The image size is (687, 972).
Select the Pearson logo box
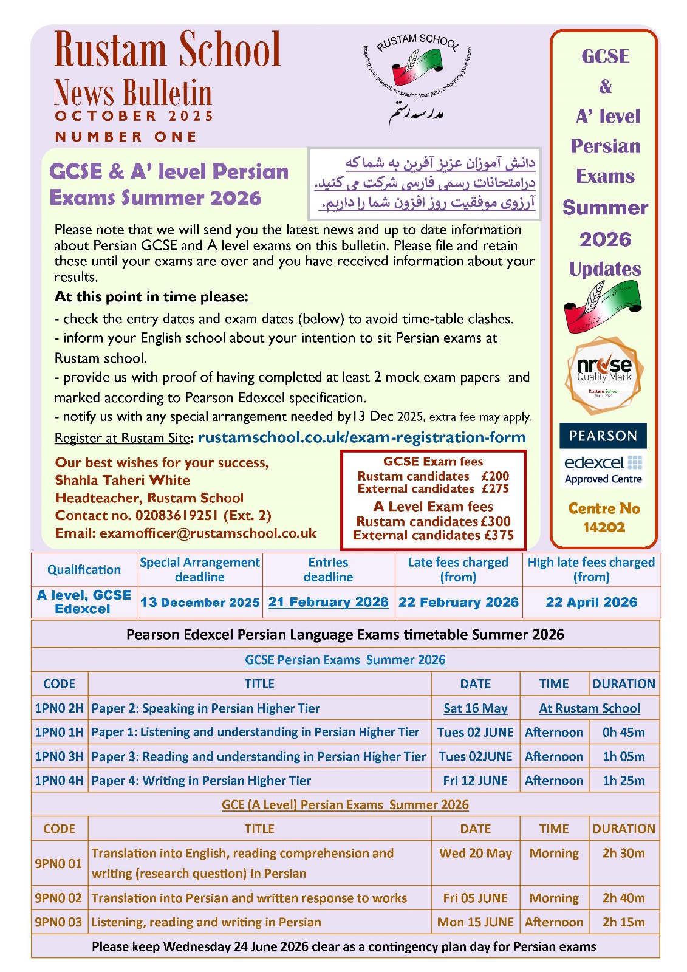[x=603, y=436]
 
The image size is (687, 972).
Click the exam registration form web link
[x=361, y=437]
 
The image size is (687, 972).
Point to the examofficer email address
[x=208, y=533]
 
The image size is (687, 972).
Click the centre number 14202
[x=604, y=527]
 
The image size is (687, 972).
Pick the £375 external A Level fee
[x=499, y=535]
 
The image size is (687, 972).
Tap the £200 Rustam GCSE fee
[x=495, y=476]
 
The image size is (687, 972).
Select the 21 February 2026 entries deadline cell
[x=328, y=602]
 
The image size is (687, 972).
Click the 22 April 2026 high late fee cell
[x=591, y=602]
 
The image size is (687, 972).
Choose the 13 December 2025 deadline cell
[x=200, y=603]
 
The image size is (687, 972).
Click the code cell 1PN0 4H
[x=59, y=781]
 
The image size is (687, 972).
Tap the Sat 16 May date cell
[x=475, y=708]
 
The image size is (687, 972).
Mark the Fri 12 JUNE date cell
[x=475, y=781]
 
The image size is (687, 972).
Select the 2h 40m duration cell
[x=623, y=898]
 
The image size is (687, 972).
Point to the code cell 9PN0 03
[x=58, y=922]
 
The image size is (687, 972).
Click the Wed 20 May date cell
[x=475, y=853]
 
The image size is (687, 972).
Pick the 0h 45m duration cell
[x=623, y=733]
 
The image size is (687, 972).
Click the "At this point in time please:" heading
[x=152, y=296]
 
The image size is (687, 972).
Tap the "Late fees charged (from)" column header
[x=458, y=570]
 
